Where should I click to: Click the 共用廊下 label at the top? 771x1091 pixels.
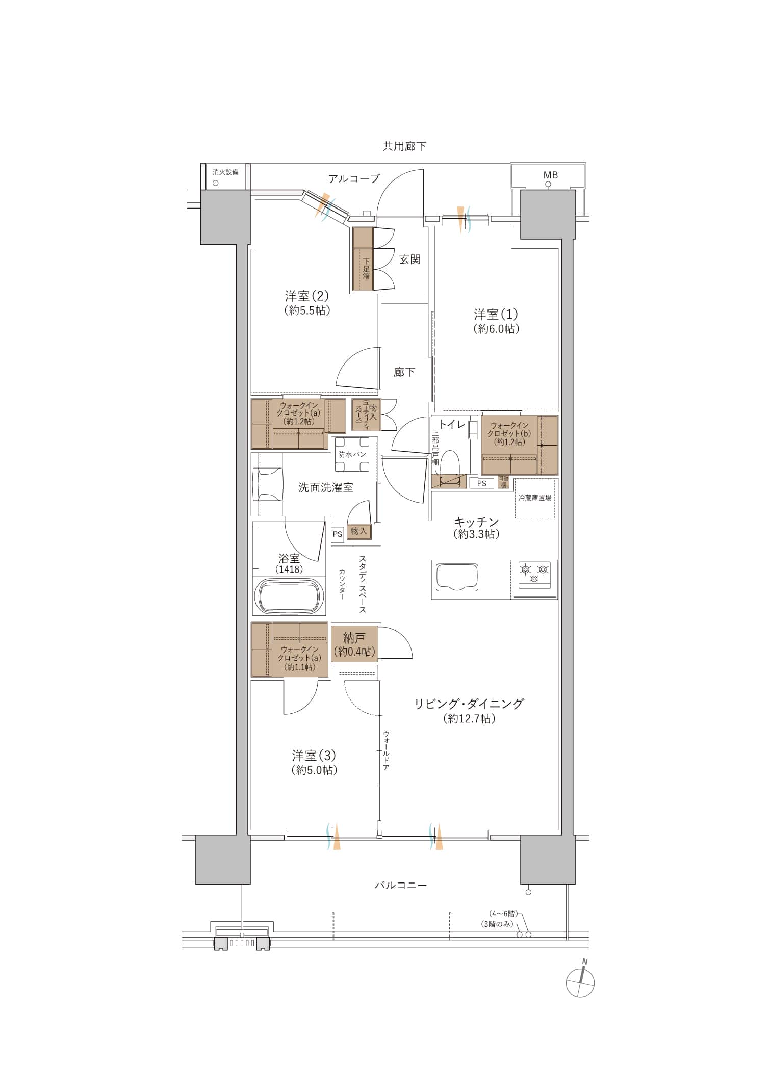click(x=404, y=147)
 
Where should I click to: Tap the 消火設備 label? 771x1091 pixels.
click(x=225, y=172)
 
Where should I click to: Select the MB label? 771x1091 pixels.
click(x=551, y=175)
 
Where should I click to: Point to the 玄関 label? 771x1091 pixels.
click(x=409, y=259)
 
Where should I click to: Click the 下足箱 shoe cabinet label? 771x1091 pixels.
click(x=366, y=269)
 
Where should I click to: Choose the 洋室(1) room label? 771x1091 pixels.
click(x=496, y=314)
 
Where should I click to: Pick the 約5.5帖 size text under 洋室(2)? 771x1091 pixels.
click(x=307, y=310)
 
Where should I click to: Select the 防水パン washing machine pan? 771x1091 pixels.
click(x=352, y=454)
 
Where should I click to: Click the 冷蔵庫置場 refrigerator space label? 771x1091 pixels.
click(x=534, y=498)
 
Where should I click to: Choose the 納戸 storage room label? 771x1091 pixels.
click(x=354, y=638)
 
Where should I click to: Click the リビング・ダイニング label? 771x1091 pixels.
click(x=469, y=704)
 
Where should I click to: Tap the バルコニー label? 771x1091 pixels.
click(x=401, y=886)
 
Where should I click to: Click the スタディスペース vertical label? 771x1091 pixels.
click(x=362, y=584)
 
